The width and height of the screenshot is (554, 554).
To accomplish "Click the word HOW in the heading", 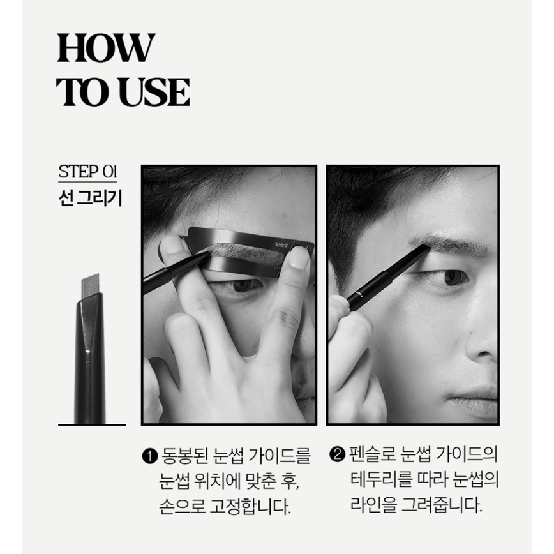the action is click(106, 48).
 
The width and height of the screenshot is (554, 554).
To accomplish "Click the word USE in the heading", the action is click(154, 92).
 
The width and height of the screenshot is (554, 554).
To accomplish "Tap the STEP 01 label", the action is click(87, 172).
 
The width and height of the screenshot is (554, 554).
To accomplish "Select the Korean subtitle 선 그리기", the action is click(90, 198).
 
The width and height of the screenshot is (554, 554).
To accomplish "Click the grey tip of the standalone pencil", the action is click(90, 285).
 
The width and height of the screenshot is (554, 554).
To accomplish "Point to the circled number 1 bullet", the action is click(149, 456).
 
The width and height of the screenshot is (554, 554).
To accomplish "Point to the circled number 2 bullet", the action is click(337, 454).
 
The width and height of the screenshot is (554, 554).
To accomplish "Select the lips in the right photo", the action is click(475, 401).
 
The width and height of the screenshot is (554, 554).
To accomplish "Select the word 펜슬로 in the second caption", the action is click(371, 454).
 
